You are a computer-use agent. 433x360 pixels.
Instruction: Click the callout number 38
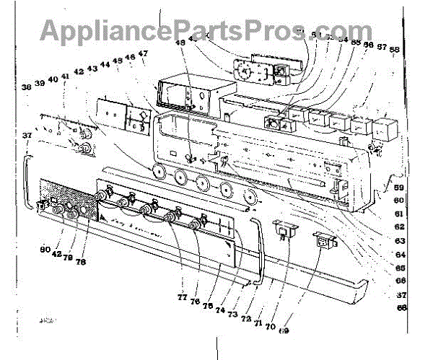tap(26, 87)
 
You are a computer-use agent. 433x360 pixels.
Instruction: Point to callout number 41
tap(65, 76)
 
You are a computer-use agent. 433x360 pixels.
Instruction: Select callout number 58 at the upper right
tap(394, 50)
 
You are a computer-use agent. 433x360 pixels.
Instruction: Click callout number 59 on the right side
tap(398, 188)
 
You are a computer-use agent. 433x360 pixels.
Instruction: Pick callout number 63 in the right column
tap(399, 240)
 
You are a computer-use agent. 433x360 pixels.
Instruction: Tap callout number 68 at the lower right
tap(401, 307)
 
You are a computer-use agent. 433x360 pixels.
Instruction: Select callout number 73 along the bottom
tap(232, 314)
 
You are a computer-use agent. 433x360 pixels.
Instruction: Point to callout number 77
tap(182, 297)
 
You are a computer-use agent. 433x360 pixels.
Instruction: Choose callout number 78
tap(81, 262)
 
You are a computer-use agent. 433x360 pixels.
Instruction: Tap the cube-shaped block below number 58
tap(385, 130)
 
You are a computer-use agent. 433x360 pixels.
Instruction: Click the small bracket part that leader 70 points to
tap(287, 229)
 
